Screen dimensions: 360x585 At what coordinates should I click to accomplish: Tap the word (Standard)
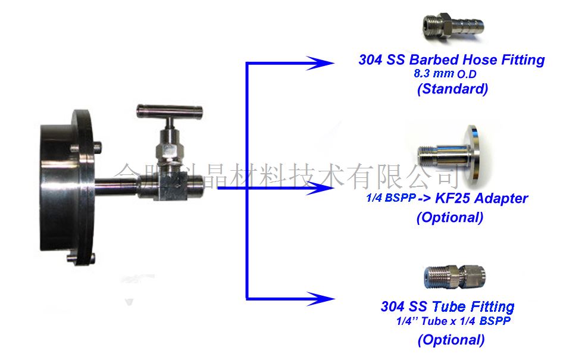tap(452, 89)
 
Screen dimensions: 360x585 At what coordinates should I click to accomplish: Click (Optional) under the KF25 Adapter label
tap(450, 217)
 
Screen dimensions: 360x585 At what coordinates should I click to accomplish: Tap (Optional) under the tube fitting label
tap(451, 340)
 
